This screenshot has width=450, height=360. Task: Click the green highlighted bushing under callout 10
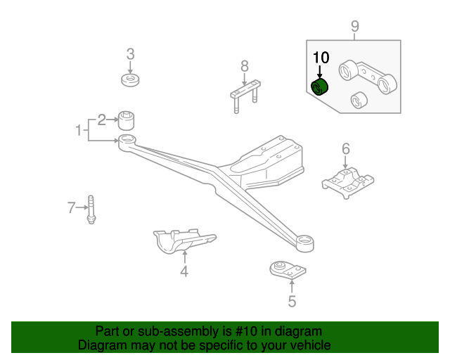coord(319,87)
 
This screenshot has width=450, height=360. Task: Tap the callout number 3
coord(130,54)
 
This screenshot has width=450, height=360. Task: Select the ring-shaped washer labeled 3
coord(130,80)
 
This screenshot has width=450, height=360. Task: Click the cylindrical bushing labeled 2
coord(127,120)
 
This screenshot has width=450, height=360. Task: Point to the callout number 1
coord(79,130)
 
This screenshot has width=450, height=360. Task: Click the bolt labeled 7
coord(91,210)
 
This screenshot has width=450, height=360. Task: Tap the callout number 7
coord(71,207)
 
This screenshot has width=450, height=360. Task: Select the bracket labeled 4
coord(185,240)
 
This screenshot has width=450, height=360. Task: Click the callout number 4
coord(184,271)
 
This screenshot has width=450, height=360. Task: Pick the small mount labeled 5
coord(288,270)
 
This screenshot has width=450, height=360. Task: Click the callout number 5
coord(292,301)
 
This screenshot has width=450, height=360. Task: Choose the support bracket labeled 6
coord(348,183)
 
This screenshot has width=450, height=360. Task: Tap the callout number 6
coord(346,148)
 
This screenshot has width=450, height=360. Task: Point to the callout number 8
coord(245,66)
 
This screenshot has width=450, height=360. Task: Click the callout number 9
coord(355,26)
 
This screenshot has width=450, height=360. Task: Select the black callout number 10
coord(321,58)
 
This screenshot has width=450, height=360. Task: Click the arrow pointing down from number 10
coord(319,71)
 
